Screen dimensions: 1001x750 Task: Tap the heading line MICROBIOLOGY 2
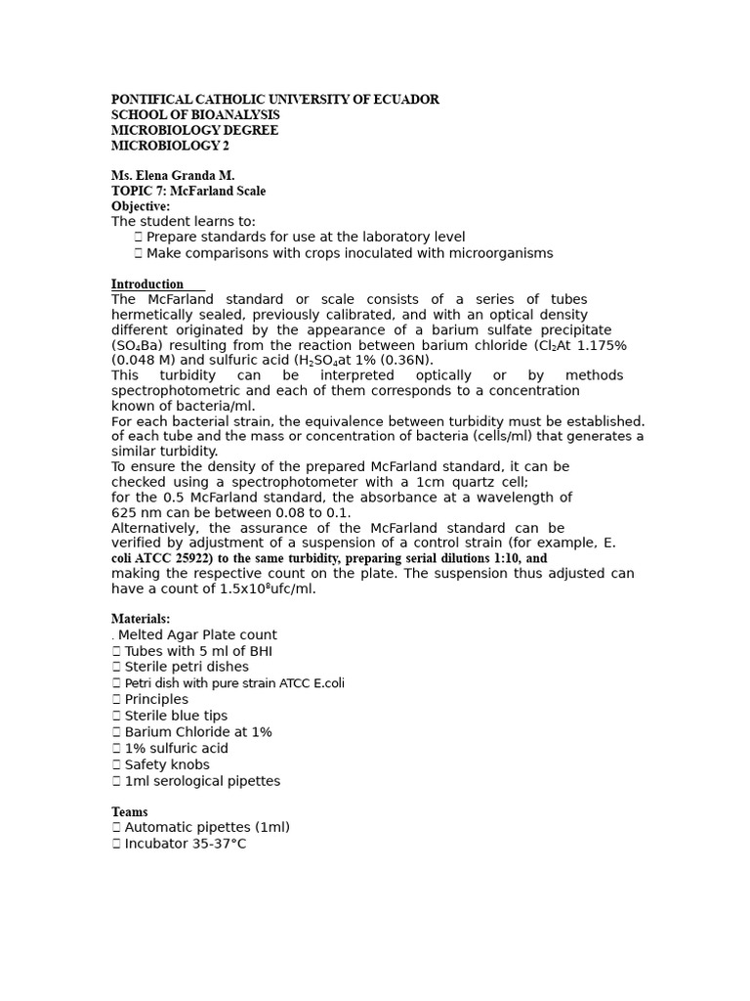coord(171,147)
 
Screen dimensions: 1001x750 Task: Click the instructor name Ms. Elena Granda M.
coord(173,176)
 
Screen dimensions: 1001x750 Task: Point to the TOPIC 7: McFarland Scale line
coord(188,192)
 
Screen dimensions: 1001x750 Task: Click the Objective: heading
coord(141,206)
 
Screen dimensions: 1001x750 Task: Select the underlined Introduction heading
coord(147,284)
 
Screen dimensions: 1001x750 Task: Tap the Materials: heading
coord(141,619)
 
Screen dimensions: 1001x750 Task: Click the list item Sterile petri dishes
coord(187,667)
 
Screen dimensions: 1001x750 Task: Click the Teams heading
coord(130,812)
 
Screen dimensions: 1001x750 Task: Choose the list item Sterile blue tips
coord(176,716)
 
